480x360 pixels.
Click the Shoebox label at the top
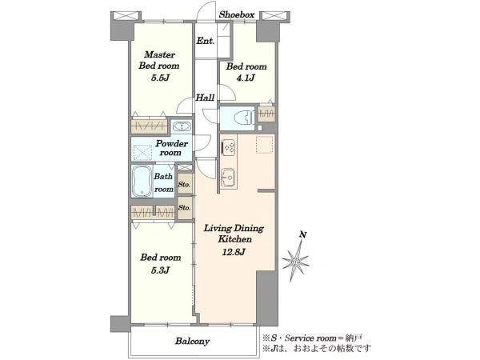pos(237,14)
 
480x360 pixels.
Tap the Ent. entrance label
pos(205,41)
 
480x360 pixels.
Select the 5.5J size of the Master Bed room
pos(160,78)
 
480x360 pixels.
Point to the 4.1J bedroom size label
pos(246,78)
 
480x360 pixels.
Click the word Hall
pos(205,98)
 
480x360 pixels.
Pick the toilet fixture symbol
pos(243,118)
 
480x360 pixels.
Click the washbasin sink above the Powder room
pos(182,126)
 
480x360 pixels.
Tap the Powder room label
pos(172,148)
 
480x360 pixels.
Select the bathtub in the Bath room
pos(142,182)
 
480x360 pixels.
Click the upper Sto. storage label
pos(185,185)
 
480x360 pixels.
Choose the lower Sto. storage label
pos(185,207)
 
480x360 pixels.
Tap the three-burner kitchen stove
pos(228,147)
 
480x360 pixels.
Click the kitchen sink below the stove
pos(228,178)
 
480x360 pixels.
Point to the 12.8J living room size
pos(234,252)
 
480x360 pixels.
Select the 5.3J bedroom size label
pos(161,270)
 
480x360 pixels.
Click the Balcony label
pos(192,341)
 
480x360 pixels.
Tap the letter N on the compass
pos(303,234)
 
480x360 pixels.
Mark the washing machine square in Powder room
pos(142,153)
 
